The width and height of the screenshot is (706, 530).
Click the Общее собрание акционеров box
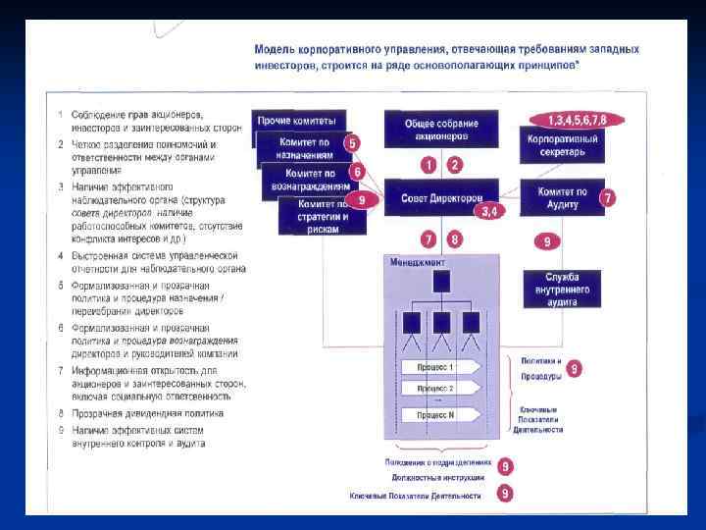(x=440, y=130)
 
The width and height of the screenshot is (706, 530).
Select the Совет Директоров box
(x=440, y=198)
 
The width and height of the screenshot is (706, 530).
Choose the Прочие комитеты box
(x=301, y=120)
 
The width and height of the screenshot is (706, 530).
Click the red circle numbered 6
(x=358, y=172)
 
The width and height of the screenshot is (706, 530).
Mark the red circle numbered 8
(x=453, y=238)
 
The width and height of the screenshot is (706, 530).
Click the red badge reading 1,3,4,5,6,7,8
(x=577, y=120)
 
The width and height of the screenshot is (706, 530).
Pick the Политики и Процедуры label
(x=540, y=369)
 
